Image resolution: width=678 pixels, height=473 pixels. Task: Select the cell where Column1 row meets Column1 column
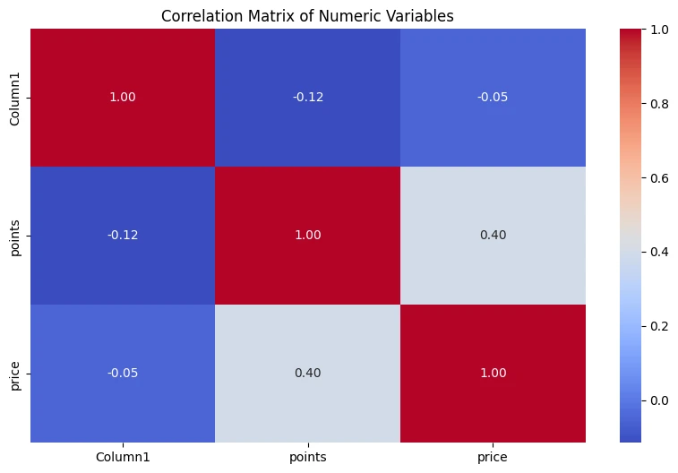123,98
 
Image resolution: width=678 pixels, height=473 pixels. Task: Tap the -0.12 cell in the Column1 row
308,98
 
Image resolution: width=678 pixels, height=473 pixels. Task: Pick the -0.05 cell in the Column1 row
493,98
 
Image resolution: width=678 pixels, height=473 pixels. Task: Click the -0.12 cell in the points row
123,235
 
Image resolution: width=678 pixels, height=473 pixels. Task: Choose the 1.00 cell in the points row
308,235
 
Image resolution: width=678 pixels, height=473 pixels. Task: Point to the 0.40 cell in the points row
493,235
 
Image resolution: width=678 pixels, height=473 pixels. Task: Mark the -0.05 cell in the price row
123,373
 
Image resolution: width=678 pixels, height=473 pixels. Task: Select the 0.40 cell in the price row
308,373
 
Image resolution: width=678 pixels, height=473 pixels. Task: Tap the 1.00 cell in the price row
493,373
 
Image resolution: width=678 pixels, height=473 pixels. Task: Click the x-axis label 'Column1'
123,457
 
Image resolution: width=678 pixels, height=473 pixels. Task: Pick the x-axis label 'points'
308,457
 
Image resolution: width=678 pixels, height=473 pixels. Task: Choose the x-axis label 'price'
493,457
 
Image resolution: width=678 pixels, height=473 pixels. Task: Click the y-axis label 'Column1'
13,98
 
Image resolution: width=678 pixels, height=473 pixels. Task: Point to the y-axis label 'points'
13,235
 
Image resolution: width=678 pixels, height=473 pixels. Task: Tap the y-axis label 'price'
13,373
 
